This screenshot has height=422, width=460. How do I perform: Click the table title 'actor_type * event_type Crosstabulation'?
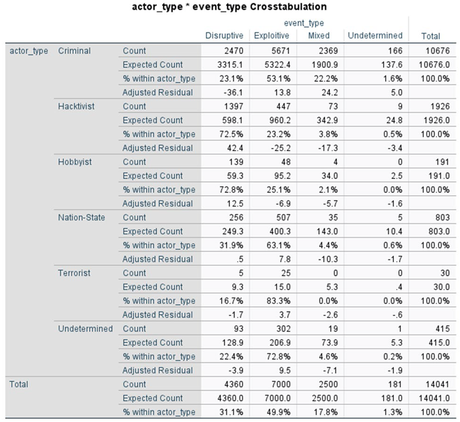pyautogui.click(x=229, y=6)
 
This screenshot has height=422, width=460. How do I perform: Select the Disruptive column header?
pyautogui.click(x=224, y=36)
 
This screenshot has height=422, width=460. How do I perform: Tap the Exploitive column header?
pyautogui.click(x=271, y=36)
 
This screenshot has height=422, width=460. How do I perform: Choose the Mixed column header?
pyautogui.click(x=319, y=36)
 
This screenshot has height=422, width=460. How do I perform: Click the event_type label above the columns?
pyautogui.click(x=304, y=23)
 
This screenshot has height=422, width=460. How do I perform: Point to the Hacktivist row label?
pyautogui.click(x=76, y=106)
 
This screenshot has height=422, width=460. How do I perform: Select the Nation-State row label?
pyautogui.click(x=81, y=217)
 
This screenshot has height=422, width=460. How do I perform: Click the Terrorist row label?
pyautogui.click(x=74, y=273)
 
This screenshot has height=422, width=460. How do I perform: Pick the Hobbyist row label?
pyautogui.click(x=75, y=162)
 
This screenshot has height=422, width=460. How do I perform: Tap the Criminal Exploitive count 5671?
pyautogui.click(x=280, y=51)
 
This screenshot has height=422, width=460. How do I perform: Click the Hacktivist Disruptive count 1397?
pyautogui.click(x=234, y=106)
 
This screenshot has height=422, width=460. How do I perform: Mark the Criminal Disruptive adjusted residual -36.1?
pyautogui.click(x=233, y=92)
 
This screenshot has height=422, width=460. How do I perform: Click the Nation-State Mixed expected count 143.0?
pyautogui.click(x=327, y=231)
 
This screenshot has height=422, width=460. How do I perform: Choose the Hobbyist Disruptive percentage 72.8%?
pyautogui.click(x=231, y=190)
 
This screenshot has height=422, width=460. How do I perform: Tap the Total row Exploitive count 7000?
pyautogui.click(x=281, y=384)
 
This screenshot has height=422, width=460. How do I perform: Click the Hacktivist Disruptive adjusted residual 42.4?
pyautogui.click(x=235, y=148)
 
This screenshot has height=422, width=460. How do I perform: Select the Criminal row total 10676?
pyautogui.click(x=437, y=51)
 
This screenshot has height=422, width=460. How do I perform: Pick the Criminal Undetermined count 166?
pyautogui.click(x=396, y=51)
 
